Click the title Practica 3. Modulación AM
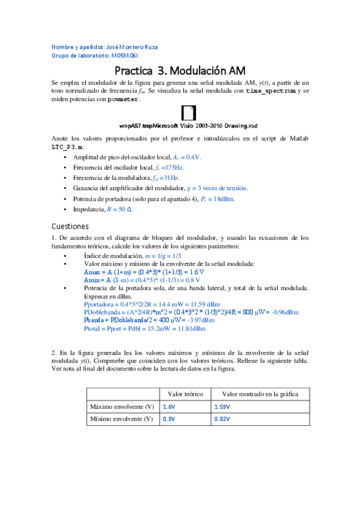pyautogui.click(x=180, y=70)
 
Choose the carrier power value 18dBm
pyautogui.click(x=222, y=198)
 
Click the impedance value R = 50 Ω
pyautogui.click(x=120, y=209)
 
